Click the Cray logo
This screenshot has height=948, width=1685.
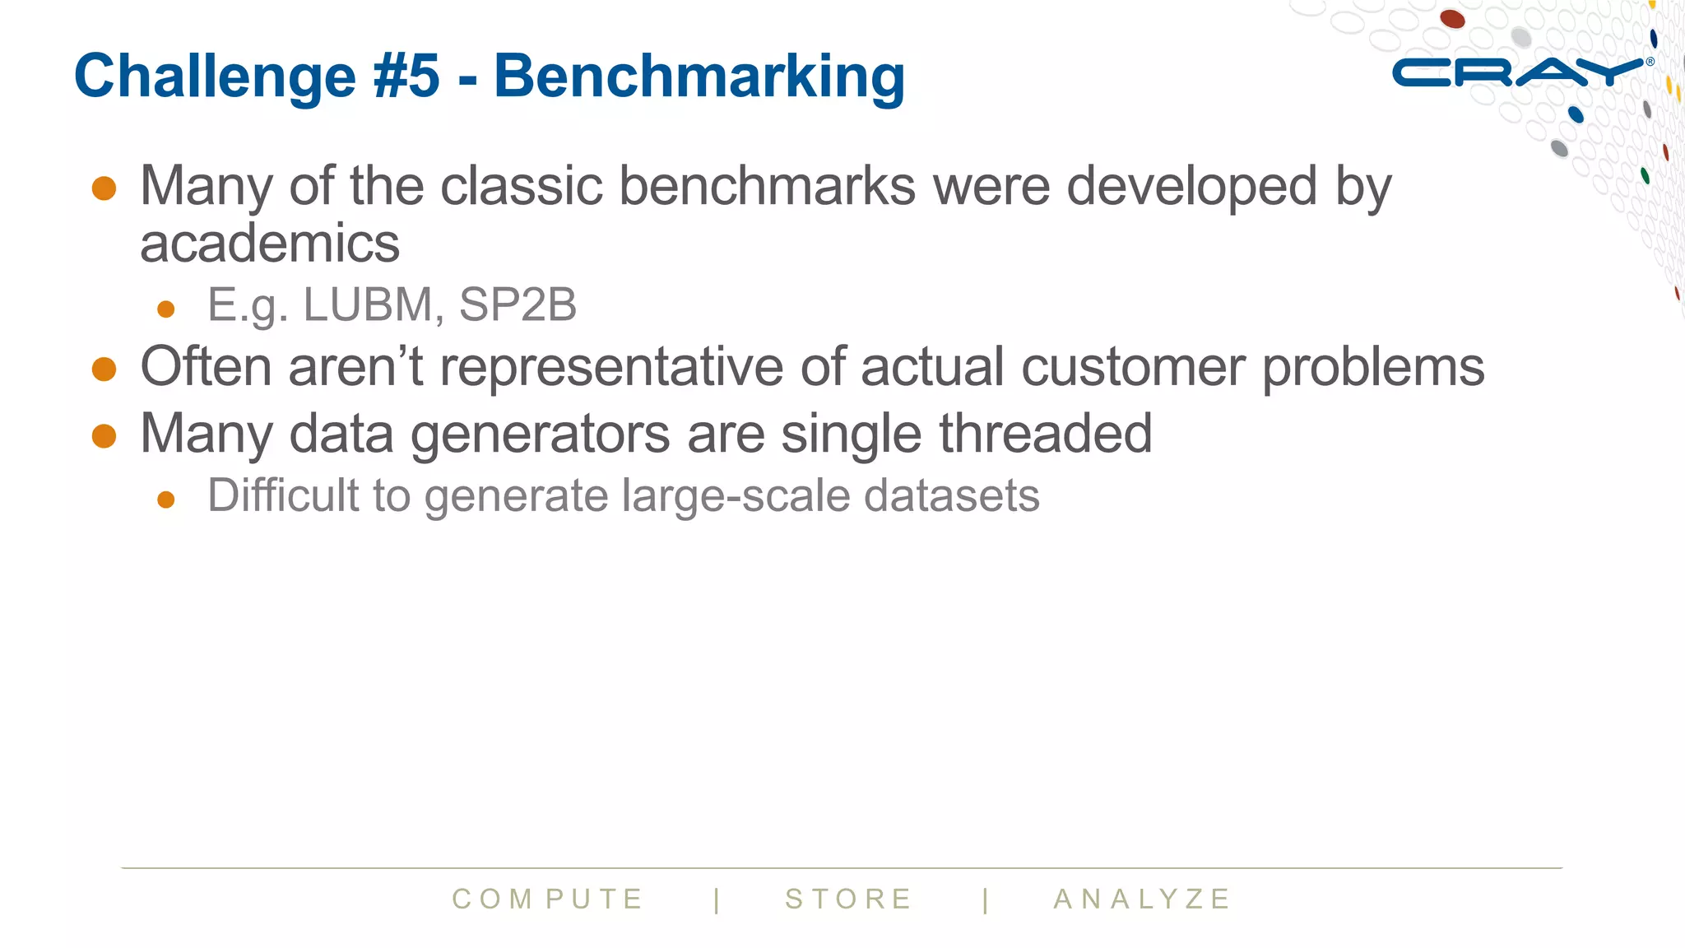click(x=1519, y=72)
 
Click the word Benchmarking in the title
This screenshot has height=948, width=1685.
click(x=699, y=77)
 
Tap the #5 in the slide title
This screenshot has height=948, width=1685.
click(x=406, y=77)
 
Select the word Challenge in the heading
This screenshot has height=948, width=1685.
click(x=215, y=77)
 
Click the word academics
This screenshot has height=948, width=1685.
click(x=270, y=244)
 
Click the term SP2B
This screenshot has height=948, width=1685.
click(x=518, y=305)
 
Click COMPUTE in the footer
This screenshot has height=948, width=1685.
click(x=548, y=899)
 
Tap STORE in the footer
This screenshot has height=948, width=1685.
click(x=849, y=899)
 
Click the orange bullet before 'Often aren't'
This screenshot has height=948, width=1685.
click(x=104, y=369)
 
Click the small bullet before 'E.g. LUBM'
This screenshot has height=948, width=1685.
click(x=166, y=309)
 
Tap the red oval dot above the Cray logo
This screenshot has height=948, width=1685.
click(x=1452, y=18)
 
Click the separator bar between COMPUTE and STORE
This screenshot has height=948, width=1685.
click(x=717, y=899)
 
